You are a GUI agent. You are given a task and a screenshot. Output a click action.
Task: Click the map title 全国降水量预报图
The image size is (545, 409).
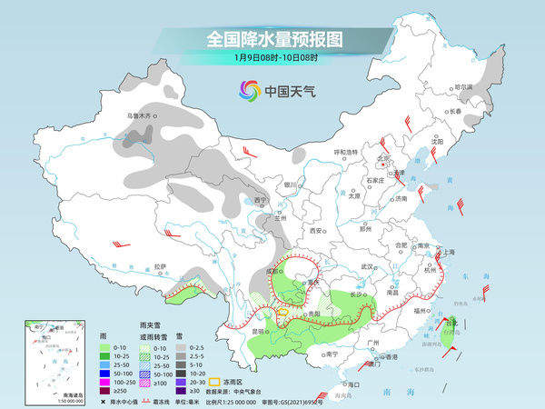pos(272,39)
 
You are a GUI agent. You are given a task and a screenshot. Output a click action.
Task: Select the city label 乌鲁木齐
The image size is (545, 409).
pos(141,115)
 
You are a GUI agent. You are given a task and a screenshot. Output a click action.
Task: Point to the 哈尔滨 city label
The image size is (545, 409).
pos(463,87)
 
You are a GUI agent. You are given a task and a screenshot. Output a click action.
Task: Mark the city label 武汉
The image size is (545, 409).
pos(367,266)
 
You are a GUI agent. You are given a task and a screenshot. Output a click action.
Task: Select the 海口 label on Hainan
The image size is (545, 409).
pos(353,385)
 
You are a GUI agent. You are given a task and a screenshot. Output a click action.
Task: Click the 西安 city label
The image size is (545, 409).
pos(317,231)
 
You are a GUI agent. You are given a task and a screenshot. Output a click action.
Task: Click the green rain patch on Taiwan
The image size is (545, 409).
pos(448,326)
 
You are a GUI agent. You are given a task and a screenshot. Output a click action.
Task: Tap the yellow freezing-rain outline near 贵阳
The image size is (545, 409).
pos(282,313)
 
